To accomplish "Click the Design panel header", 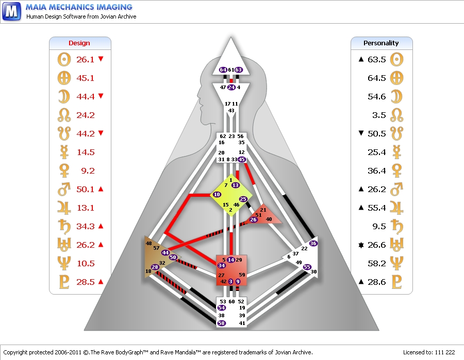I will [79, 43].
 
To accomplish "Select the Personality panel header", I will [381, 43].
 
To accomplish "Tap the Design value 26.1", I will [85, 59].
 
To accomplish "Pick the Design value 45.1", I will [85, 78].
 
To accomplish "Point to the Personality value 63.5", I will [377, 59].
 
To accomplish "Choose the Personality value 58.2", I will [377, 263].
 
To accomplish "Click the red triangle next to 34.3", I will [101, 226].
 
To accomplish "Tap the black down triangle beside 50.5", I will [361, 133].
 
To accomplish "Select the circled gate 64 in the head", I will [223, 70].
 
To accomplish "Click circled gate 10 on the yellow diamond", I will [217, 194].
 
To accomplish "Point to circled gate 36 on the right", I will [313, 243].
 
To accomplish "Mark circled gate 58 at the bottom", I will [222, 323].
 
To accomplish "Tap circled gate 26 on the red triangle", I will [253, 220].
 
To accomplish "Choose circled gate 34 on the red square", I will [221, 265].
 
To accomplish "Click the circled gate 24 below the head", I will [231, 88].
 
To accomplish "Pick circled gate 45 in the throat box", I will [242, 159].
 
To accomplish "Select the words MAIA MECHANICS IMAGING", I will [79, 7].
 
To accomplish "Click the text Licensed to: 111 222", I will [428, 352].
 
